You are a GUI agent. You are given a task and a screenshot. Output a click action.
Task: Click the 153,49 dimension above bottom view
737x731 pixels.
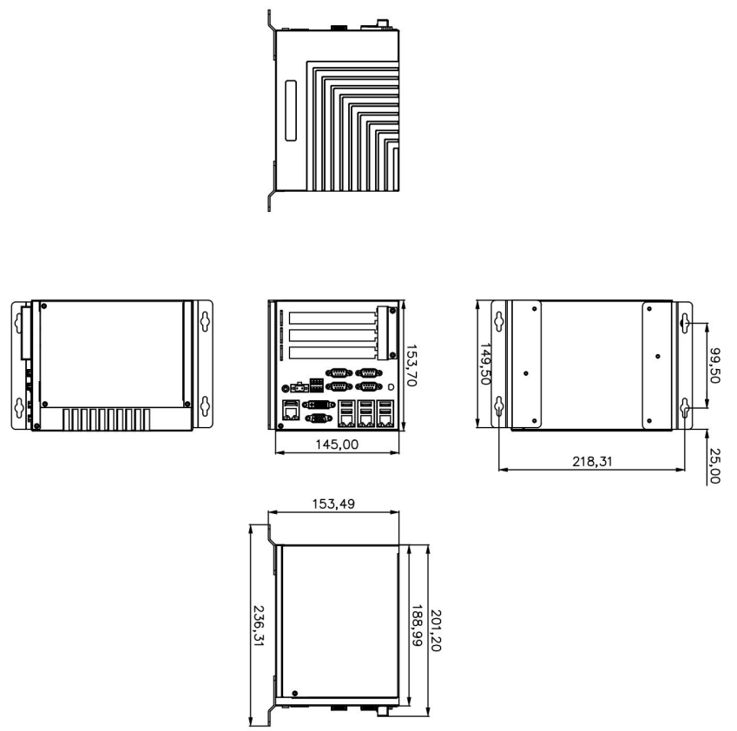tap(332, 504)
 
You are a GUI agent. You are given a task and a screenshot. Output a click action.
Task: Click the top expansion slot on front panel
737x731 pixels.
tap(332, 319)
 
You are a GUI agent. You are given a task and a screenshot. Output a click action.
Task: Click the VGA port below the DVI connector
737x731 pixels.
tap(318, 419)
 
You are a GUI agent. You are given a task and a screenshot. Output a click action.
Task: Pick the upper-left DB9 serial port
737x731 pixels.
tap(339, 372)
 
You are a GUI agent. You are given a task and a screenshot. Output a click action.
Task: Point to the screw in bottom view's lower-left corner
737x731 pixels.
tap(295, 692)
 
